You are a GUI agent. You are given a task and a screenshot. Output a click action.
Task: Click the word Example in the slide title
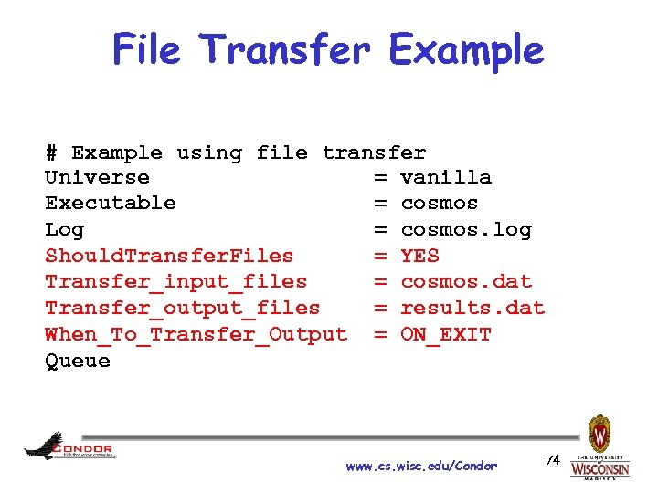click(466, 51)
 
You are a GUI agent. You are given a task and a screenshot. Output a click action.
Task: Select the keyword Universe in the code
click(97, 177)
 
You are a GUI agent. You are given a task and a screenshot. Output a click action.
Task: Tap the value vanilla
click(446, 177)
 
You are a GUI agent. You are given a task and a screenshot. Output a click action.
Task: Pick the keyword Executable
click(111, 203)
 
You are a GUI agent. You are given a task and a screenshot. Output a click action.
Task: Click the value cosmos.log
click(466, 229)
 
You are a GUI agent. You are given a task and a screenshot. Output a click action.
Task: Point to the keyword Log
click(64, 229)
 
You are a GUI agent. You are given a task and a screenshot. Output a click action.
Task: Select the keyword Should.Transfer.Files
click(169, 256)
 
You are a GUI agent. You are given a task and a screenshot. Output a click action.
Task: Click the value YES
click(419, 256)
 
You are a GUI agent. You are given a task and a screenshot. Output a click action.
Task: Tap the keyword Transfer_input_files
click(175, 282)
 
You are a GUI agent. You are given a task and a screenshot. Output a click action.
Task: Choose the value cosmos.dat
click(466, 282)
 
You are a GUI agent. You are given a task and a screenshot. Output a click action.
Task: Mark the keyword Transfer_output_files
click(182, 309)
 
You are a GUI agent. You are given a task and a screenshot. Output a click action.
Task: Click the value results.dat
click(472, 309)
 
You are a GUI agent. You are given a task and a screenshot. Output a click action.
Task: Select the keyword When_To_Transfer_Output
click(196, 335)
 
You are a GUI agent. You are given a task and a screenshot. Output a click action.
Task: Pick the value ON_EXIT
click(446, 335)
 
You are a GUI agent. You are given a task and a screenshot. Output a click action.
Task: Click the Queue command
click(78, 361)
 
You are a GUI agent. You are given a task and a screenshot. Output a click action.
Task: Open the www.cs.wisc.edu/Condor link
click(421, 467)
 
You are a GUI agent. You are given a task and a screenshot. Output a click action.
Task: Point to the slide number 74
click(552, 459)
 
